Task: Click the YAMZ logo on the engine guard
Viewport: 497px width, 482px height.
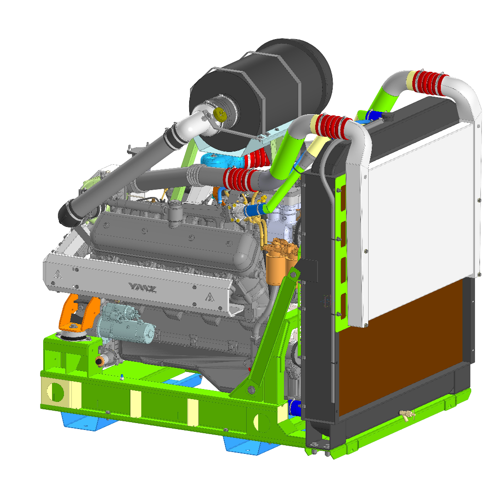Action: tap(143, 288)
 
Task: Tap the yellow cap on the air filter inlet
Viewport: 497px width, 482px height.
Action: tap(220, 114)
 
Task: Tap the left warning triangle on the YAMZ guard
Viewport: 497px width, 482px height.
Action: tap(58, 273)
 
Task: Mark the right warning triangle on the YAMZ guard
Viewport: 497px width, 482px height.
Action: tap(209, 297)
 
